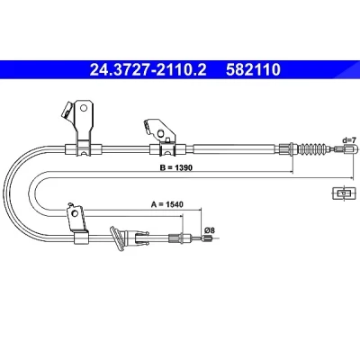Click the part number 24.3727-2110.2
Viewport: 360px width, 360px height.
pyautogui.click(x=148, y=69)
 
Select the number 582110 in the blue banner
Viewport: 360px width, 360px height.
pyautogui.click(x=253, y=69)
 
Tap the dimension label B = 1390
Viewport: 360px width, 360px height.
pyautogui.click(x=176, y=167)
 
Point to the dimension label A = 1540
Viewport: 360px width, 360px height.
pyautogui.click(x=166, y=204)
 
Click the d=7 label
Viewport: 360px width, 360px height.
pyautogui.click(x=349, y=140)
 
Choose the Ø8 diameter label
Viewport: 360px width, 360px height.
pyautogui.click(x=210, y=230)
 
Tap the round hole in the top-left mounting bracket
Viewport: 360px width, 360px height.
pyautogui.click(x=84, y=107)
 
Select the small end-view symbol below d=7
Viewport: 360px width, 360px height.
pyautogui.click(x=344, y=193)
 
